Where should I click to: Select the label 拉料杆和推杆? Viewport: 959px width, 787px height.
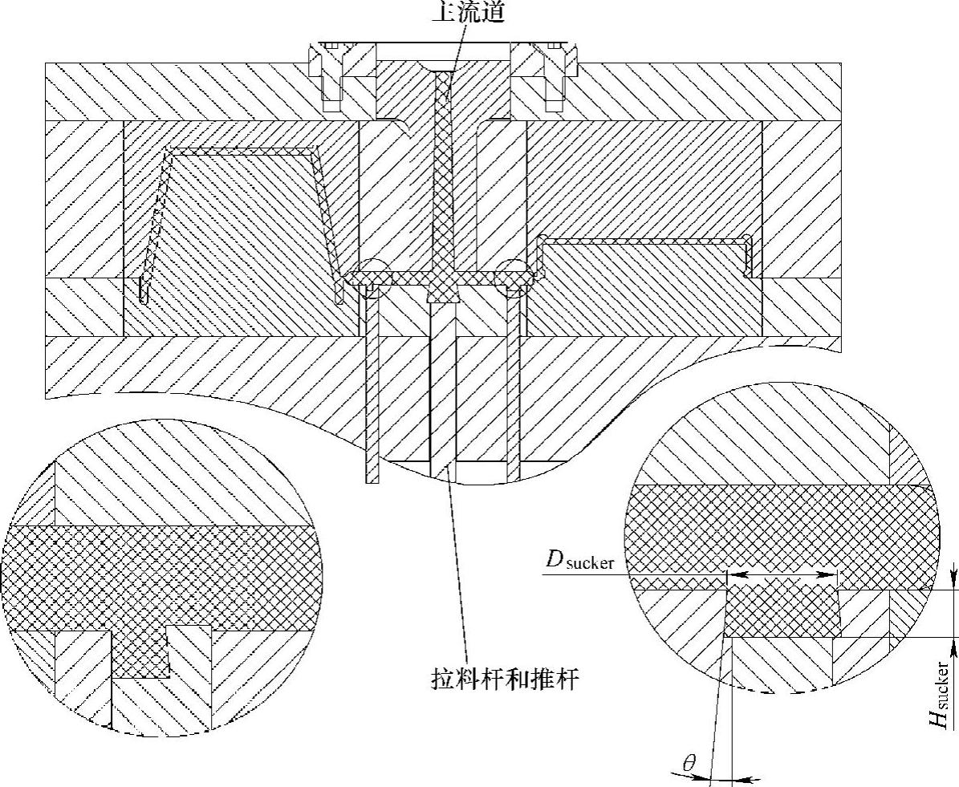coord(505,679)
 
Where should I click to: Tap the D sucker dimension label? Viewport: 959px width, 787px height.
coord(580,561)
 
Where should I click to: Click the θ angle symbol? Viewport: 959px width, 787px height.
coord(689,763)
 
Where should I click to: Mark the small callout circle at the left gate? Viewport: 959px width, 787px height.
coord(372,278)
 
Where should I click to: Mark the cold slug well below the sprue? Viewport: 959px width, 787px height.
coord(443,295)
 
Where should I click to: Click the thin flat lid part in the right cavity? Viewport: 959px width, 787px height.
coord(642,240)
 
